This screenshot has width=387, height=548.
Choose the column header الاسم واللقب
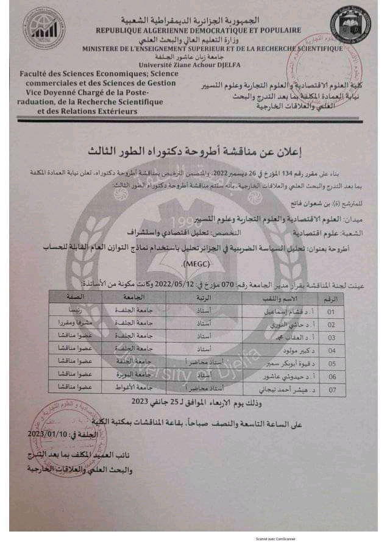[x=286, y=299]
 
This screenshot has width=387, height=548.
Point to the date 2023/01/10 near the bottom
[x=50, y=434]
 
